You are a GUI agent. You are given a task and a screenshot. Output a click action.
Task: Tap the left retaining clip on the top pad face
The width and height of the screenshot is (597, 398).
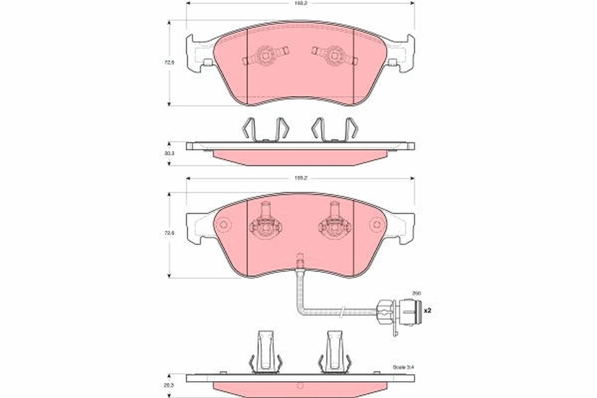point(266,56)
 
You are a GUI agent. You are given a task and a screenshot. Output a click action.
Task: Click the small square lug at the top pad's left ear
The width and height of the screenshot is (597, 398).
point(208,62)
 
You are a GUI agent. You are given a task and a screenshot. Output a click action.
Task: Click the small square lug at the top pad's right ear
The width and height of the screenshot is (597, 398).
point(393,62)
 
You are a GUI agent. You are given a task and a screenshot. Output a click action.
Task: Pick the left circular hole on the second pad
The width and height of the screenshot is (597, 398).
point(223,225)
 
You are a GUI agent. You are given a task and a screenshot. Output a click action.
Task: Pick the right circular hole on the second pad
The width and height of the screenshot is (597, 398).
point(377,225)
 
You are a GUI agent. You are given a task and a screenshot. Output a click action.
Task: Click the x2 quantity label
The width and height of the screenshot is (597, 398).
point(426,310)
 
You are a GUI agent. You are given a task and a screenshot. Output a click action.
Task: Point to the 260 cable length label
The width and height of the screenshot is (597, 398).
point(416,294)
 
